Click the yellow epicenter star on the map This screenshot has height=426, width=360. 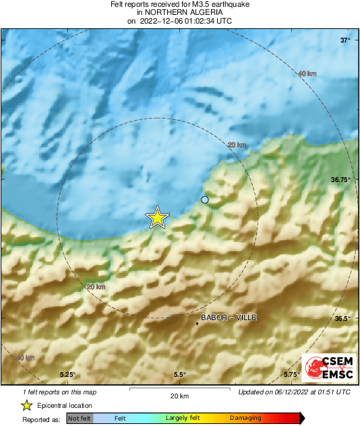click(157, 218)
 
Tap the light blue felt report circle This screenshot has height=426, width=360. click(205, 200)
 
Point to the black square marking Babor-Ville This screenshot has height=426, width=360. click(197, 324)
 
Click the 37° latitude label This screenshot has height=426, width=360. click(344, 41)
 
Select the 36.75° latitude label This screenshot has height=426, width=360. click(340, 180)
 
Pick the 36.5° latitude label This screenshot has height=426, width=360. click(342, 318)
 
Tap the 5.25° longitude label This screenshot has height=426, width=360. click(67, 375)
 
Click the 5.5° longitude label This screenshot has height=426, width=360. click(179, 375)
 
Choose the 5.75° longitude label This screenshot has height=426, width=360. click(291, 375)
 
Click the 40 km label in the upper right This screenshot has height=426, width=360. click(307, 73)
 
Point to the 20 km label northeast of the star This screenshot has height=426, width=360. click(236, 145)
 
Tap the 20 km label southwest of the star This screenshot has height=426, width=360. click(96, 287)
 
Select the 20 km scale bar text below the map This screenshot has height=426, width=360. click(179, 396)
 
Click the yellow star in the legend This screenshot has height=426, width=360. click(26, 405)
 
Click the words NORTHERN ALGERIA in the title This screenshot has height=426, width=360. click(179, 12)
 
